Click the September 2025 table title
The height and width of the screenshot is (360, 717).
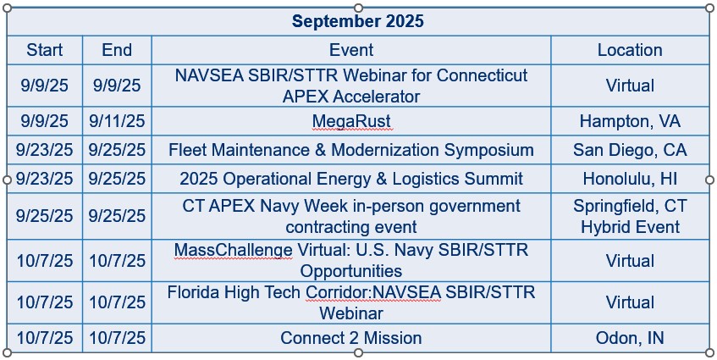pos(358,21)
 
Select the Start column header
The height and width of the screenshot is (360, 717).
pos(44,50)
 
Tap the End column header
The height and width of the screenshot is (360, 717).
pos(117,50)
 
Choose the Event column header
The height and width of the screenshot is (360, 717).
pos(351,50)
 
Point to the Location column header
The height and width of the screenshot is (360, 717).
pos(630,50)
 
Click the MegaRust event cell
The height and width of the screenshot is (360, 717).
pos(351,121)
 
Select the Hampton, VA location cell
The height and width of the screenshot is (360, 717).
pos(630,121)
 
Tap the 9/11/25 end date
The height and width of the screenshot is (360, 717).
pos(117,121)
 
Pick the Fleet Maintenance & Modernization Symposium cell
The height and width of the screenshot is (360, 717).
pos(351,150)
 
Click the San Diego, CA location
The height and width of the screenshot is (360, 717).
pos(630,150)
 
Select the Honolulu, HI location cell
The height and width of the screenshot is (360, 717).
pos(630,179)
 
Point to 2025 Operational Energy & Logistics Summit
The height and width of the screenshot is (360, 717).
pos(351,179)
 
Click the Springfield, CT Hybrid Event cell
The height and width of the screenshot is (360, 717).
pos(630,216)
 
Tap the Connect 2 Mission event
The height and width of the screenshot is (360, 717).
pos(351,338)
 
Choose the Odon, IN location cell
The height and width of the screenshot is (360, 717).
pos(630,338)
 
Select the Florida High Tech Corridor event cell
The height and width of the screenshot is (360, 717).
pos(351,302)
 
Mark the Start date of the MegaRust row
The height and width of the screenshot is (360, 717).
pos(44,121)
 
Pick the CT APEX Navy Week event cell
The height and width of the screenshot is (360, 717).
pos(351,216)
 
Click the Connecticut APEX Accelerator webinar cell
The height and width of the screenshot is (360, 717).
pos(351,86)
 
